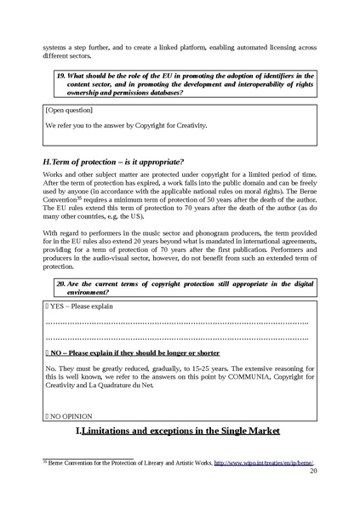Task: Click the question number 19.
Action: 61,75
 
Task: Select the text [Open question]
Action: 69,110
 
